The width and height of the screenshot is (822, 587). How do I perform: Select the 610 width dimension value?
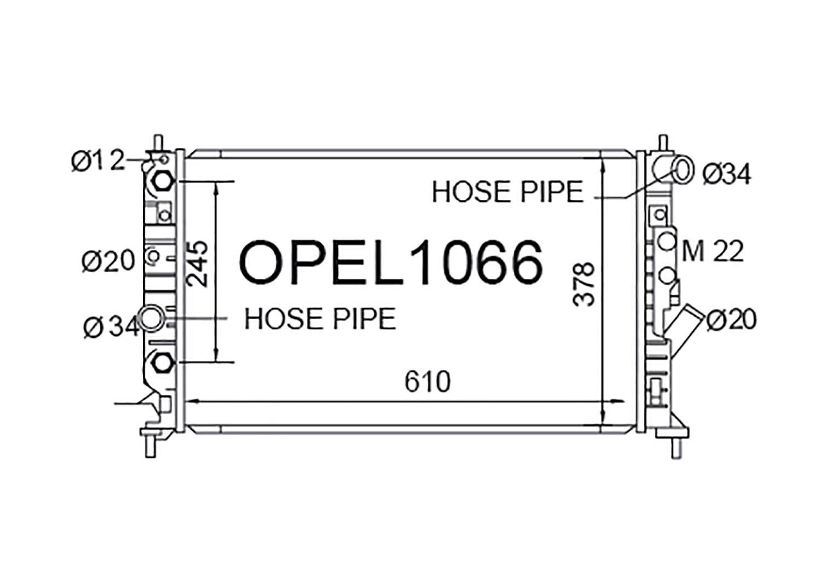[427, 382]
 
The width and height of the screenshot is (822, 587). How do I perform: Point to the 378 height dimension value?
[584, 284]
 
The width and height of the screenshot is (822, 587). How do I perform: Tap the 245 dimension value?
[197, 264]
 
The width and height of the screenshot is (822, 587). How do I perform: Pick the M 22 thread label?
[712, 251]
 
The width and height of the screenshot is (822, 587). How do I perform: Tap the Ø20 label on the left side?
[109, 261]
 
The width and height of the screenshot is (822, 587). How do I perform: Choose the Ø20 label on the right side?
[732, 319]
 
